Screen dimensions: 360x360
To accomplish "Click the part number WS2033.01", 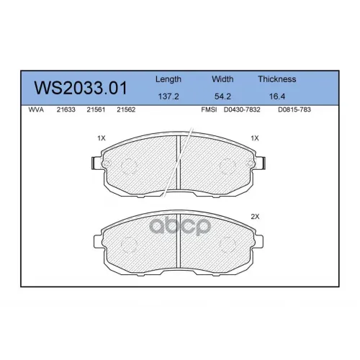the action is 81,88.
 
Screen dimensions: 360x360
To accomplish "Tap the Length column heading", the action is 168,79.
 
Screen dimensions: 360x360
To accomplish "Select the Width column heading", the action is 222,79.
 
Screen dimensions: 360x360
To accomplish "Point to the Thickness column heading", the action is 277,79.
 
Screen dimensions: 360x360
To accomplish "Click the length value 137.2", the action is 168,96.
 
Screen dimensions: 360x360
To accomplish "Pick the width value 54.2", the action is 222,96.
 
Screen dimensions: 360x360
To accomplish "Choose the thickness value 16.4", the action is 277,96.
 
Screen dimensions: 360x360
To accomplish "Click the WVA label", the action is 36,109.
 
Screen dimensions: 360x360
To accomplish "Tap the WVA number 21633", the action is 66,109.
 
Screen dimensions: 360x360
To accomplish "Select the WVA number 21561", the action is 96,109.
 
